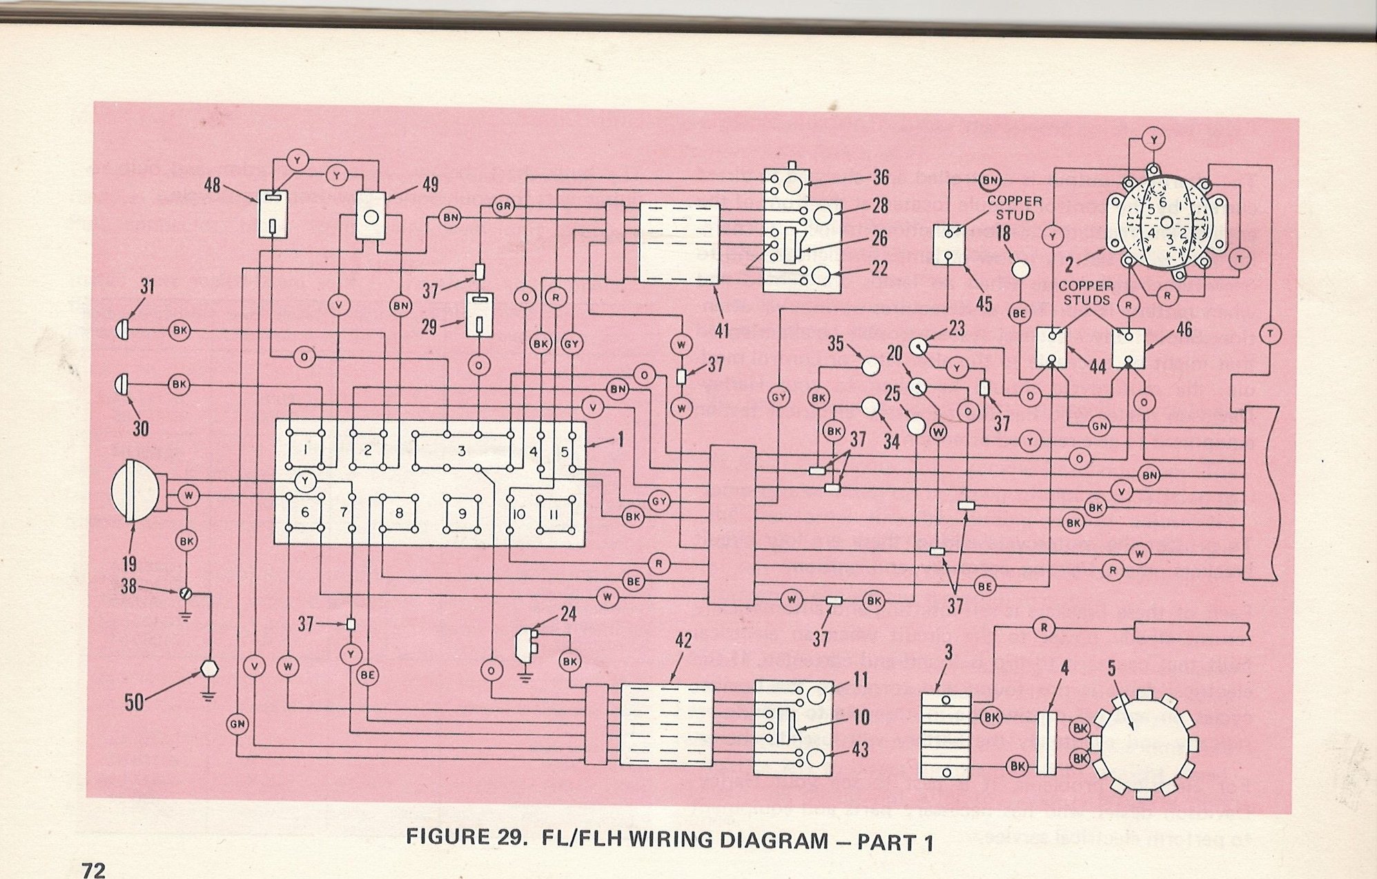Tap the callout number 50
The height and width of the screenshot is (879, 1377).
[x=133, y=702]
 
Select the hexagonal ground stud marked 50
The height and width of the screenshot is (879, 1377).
[x=208, y=669]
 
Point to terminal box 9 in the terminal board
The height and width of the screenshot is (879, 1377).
[x=462, y=514]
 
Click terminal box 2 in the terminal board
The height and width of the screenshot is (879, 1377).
[x=368, y=450]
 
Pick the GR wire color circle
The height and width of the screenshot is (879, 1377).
[x=503, y=206]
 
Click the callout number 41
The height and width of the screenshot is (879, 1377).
[x=721, y=330]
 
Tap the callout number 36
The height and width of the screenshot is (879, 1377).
[x=880, y=177]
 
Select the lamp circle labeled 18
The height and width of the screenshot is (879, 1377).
[x=1020, y=269]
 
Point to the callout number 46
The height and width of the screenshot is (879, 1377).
[x=1184, y=330]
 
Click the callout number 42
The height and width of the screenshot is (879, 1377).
[x=683, y=642]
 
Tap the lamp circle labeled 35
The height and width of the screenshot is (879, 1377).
[x=871, y=366]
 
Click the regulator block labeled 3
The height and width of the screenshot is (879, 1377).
[x=946, y=737]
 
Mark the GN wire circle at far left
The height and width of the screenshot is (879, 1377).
[x=237, y=723]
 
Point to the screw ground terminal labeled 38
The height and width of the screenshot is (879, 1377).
[x=184, y=593]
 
